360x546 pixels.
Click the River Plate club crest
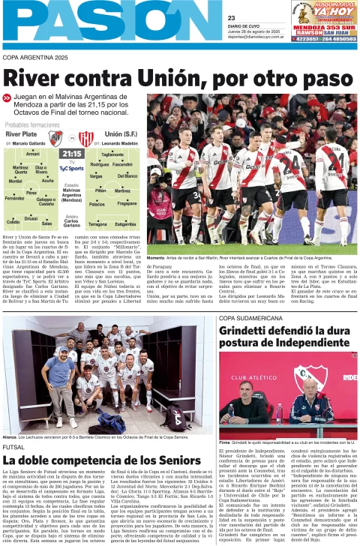click(x=55, y=136)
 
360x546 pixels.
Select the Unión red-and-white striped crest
click(x=86, y=137)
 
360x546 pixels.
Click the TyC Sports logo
click(x=71, y=169)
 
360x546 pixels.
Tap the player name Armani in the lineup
click(x=33, y=153)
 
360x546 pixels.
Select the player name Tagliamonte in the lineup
click(x=112, y=154)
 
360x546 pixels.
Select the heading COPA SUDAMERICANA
click(x=252, y=319)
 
